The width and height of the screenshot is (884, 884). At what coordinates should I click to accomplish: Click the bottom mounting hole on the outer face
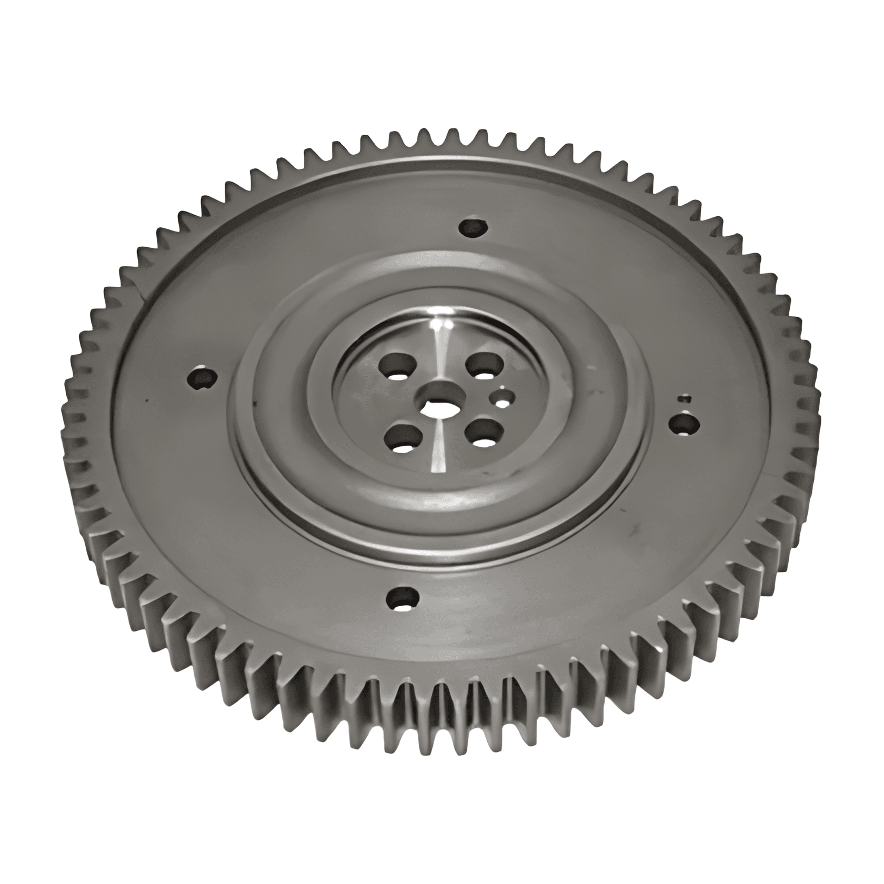pos(403,598)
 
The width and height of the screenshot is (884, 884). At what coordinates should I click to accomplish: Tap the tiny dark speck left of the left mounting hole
pos(148,401)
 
